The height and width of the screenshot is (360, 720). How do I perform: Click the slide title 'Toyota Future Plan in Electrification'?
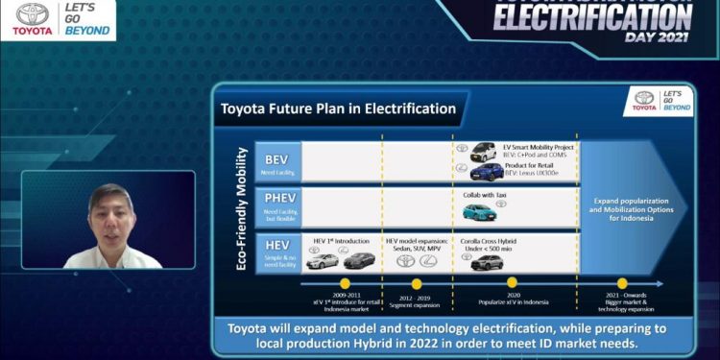tap(338, 108)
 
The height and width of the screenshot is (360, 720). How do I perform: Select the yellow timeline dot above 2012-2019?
tap(416, 283)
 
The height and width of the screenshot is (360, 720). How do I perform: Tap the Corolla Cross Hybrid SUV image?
tap(487, 262)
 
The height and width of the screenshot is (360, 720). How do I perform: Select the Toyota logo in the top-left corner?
tap(32, 14)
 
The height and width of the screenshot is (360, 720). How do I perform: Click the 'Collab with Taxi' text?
tap(487, 193)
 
